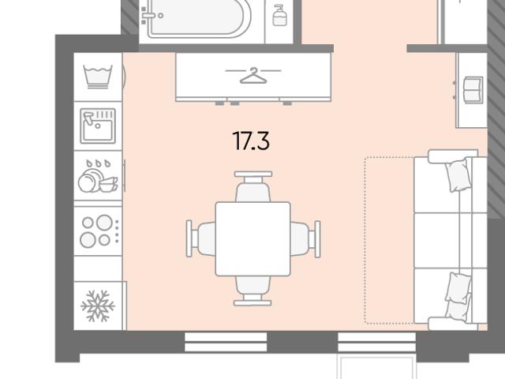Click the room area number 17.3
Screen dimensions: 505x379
coord(251,141)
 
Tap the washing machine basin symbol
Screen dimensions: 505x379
coord(98,77)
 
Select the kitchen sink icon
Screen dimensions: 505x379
coord(98,126)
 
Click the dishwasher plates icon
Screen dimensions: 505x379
coord(98,176)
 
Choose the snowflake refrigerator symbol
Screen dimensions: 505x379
coord(98,306)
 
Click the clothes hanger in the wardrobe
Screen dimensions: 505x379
coord(253,76)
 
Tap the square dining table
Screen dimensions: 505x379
coord(252,238)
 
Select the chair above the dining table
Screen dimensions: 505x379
coord(253,186)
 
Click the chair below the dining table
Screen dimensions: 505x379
coord(252,291)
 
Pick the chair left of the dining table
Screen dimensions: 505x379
coord(201,238)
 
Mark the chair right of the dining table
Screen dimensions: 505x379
coord(305,238)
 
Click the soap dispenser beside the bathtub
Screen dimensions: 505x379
coord(279,15)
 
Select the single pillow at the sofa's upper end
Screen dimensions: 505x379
coord(457,175)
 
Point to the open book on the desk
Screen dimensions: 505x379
coord(473,90)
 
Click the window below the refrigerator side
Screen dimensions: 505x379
coord(226,342)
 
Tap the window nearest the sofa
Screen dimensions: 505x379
coord(377,342)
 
